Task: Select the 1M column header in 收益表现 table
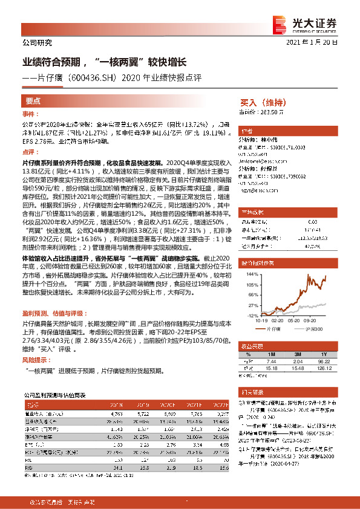click(270, 354)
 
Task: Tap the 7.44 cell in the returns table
click(270, 360)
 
